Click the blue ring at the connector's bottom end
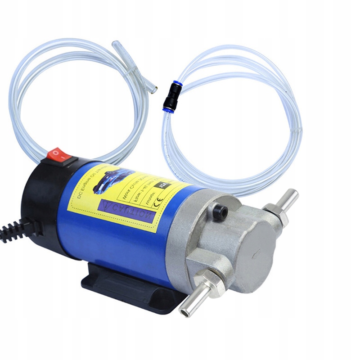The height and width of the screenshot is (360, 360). pyautogui.click(x=168, y=109)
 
